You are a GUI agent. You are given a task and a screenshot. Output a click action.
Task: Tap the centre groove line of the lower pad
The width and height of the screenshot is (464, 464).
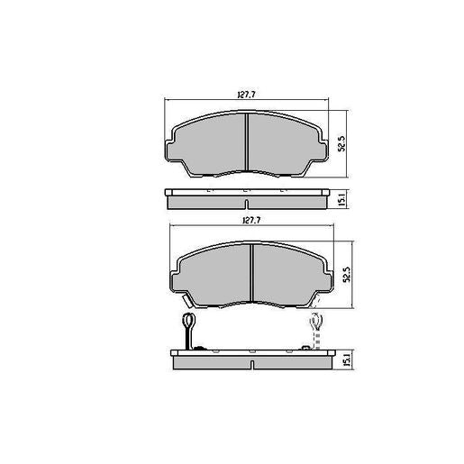pos(251,269)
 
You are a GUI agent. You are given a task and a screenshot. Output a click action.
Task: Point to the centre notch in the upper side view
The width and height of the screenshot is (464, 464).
pos(246,192)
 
